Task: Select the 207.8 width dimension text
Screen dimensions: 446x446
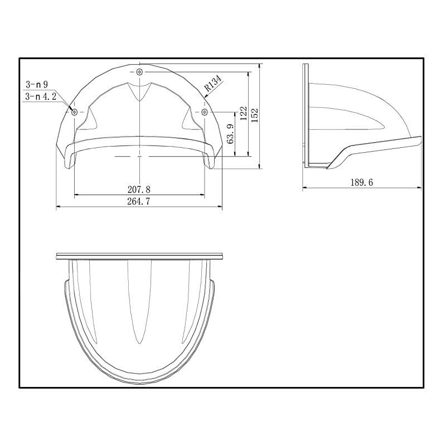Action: coord(139,190)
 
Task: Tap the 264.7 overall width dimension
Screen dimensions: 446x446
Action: coord(139,202)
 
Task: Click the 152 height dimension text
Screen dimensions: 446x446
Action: coord(255,114)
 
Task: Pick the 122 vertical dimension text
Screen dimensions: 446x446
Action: coord(243,114)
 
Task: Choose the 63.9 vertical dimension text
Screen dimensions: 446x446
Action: coord(230,134)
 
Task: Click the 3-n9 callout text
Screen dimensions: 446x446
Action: coord(37,85)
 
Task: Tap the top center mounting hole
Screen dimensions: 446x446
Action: coord(139,73)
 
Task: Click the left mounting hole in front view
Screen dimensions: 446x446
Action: coord(74,112)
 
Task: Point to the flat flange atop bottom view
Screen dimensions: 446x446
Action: coord(139,256)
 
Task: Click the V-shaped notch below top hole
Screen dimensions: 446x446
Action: coord(139,93)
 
